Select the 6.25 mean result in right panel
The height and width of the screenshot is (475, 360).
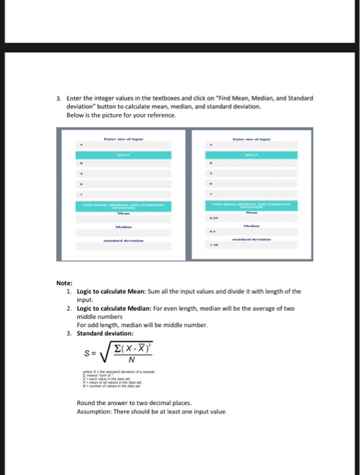tap(214, 220)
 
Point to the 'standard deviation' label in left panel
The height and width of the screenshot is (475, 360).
tap(123, 240)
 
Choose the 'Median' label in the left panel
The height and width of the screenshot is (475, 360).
tap(123, 227)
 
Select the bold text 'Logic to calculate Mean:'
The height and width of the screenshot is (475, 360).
tap(110, 291)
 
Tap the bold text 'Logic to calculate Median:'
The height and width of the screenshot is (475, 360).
tap(113, 308)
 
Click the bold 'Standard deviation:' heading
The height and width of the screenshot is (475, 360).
tap(105, 333)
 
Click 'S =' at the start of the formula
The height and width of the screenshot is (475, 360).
tap(89, 354)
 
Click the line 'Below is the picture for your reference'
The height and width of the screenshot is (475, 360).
tap(121, 115)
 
